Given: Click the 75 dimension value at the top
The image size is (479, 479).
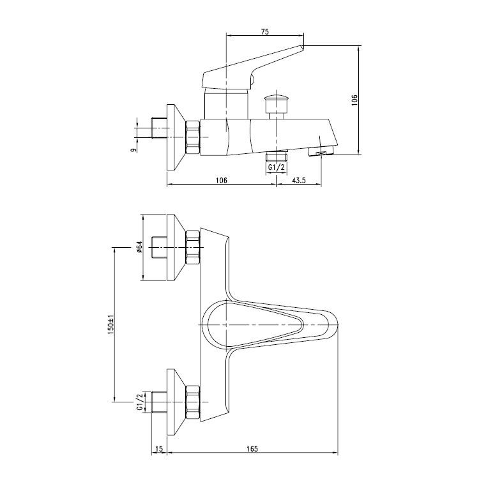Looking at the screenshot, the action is point(265,31).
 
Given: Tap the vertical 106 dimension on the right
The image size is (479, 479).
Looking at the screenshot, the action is point(354,100).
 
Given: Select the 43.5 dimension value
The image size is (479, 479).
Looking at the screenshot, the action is point(298,180).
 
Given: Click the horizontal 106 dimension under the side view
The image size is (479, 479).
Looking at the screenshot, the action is point(222,180).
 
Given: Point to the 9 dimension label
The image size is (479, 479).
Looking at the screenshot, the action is point(133,149).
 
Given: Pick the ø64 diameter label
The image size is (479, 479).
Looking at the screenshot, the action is point(139,247).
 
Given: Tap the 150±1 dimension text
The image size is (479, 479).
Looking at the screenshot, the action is point(111,324).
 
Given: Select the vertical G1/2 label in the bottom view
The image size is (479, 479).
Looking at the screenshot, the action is point(140,402).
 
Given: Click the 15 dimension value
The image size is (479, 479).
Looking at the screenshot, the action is point(159,449).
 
